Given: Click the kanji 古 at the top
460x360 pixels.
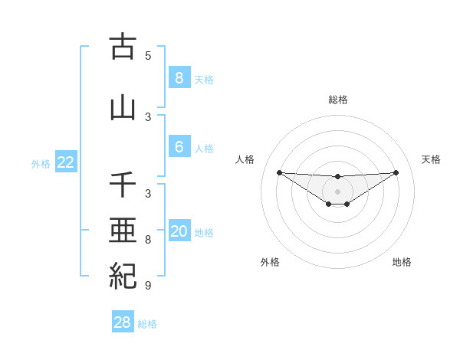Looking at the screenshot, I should coord(123,47).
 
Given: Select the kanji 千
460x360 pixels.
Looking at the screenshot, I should coord(123,185).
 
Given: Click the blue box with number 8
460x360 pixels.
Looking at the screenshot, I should coord(179,78).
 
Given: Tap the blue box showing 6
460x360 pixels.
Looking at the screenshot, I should coord(179,148).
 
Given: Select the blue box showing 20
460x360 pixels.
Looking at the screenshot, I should coord(179,232).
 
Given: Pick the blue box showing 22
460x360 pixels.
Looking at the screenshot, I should coord(65,162).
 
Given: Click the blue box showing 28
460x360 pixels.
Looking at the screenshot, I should coord(123,322).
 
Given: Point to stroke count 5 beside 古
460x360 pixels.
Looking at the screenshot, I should coord(148,56).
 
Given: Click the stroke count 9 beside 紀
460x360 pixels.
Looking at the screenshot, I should coord(148,286).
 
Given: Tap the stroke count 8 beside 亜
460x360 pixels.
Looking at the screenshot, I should coord(148,240).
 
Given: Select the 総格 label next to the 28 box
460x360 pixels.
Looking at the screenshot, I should coord(147,324).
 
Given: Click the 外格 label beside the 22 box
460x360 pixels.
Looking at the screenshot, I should coord(41,163).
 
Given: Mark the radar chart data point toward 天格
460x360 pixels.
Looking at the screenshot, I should coord(396,172).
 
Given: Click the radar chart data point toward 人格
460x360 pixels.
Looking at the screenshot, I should coord(279,172).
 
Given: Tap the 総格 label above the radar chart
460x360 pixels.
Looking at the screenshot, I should coord(337,100).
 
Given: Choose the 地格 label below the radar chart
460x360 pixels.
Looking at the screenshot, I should coord(402,262).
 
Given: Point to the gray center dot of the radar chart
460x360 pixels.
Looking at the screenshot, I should coord(337,191).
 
